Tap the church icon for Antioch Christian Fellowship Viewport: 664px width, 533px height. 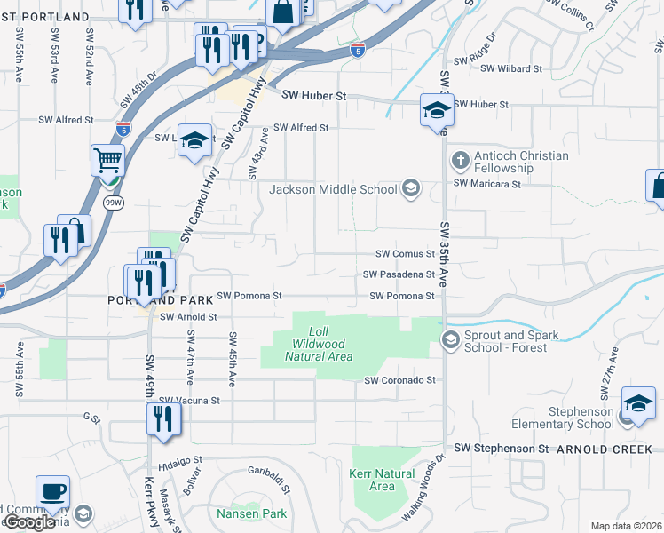[460, 161]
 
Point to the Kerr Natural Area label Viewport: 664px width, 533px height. [382, 480]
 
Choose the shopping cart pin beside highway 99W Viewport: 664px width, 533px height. [107, 161]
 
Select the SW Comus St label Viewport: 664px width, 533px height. [405, 253]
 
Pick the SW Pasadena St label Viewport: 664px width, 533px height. [399, 275]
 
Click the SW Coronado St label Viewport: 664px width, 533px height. [401, 380]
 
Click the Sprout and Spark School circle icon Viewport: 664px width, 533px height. [450, 339]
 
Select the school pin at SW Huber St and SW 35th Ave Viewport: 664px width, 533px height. [437, 109]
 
